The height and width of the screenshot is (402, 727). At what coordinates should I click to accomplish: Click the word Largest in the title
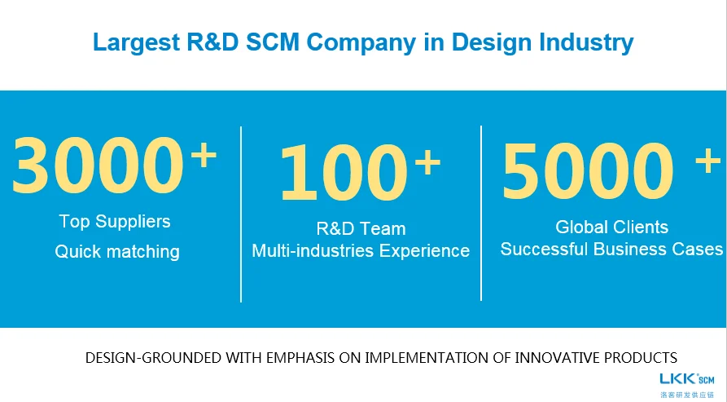point(136,42)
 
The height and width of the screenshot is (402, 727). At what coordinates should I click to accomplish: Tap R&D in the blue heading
point(212,42)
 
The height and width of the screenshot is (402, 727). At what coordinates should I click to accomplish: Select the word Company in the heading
point(361,42)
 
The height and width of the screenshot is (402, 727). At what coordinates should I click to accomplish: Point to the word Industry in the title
point(586,42)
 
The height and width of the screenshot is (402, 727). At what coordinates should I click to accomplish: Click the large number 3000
point(98,166)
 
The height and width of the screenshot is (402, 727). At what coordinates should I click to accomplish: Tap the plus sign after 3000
point(204,155)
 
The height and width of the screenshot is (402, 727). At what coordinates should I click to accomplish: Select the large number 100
point(344,173)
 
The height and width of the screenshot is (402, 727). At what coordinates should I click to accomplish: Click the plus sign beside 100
point(427,162)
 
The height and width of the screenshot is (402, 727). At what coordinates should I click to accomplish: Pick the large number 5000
point(588,171)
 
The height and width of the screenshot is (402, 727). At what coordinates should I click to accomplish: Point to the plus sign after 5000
point(708,161)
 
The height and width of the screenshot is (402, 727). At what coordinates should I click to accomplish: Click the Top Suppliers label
point(115,222)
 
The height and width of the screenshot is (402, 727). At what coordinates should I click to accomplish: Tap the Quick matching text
point(117,252)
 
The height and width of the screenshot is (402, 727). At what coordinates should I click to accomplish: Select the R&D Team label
point(361,228)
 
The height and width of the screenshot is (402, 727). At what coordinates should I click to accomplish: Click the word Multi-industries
point(313,250)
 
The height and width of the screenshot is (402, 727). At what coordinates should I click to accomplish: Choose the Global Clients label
point(612,227)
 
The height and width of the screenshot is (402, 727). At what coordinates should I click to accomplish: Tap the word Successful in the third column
point(544,249)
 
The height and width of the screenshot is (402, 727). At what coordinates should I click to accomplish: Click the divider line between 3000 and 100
point(241,214)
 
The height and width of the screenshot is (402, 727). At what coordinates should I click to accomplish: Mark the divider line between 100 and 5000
point(481,213)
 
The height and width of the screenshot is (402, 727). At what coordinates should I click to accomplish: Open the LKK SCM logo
point(687,385)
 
